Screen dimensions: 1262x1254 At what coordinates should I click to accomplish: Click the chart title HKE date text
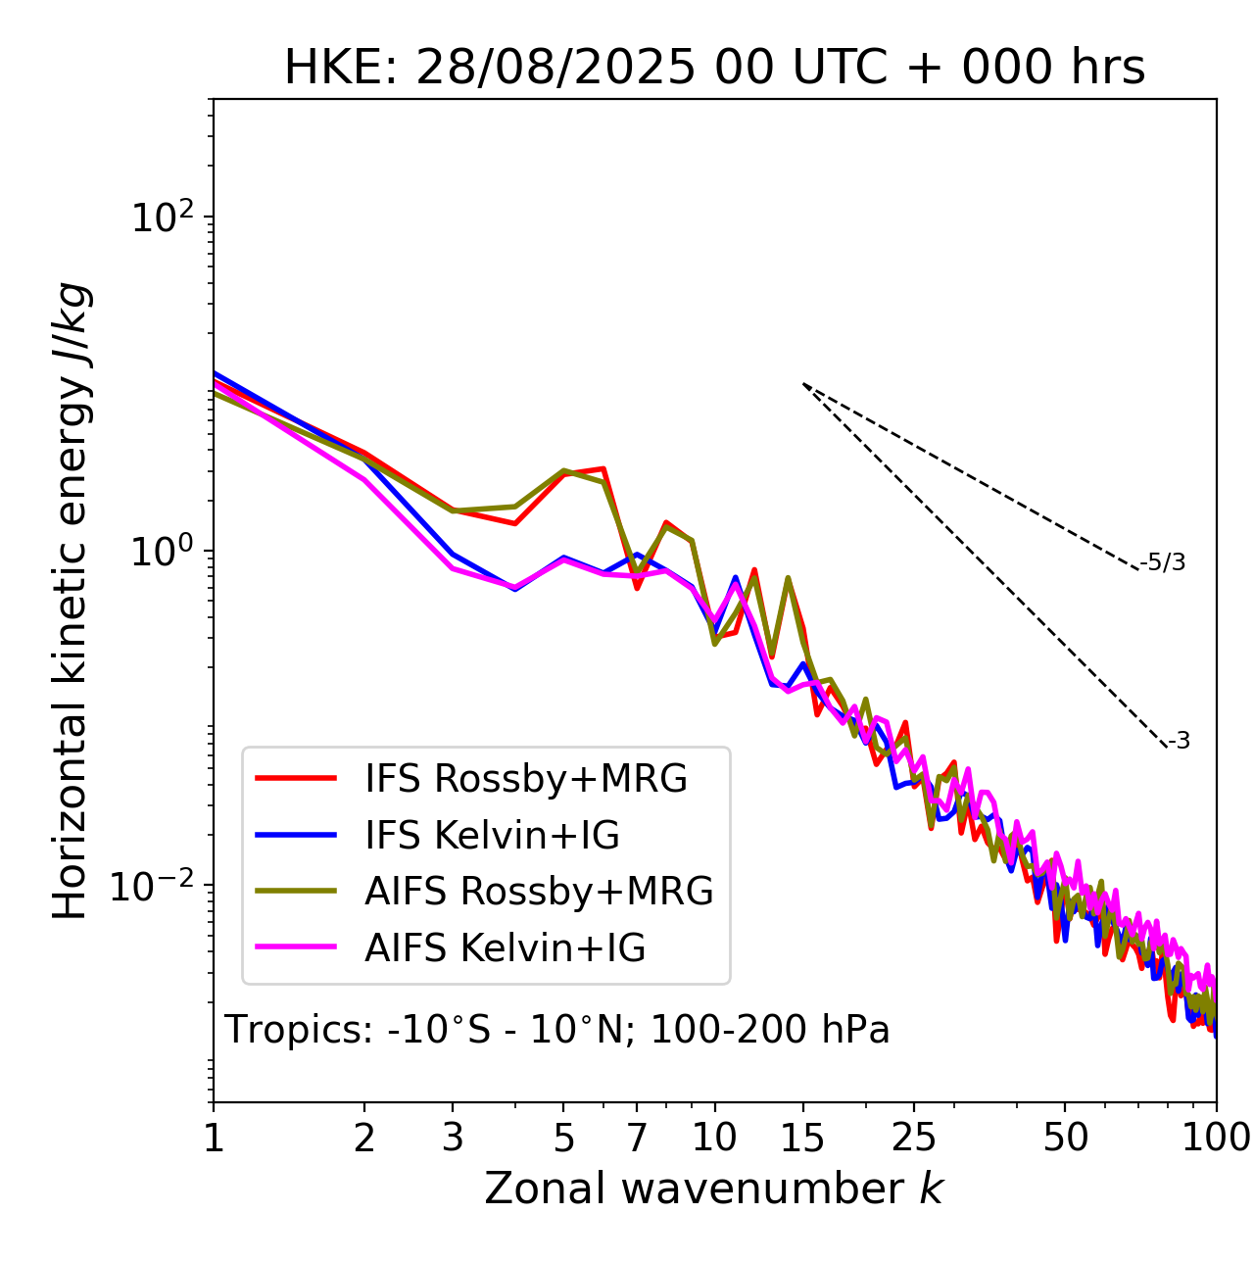tap(714, 68)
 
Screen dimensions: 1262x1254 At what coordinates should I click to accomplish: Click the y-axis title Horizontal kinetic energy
tap(72, 601)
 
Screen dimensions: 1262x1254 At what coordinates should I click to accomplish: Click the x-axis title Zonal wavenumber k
tap(713, 1189)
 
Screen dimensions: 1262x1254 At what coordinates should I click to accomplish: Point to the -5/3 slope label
tap(1163, 562)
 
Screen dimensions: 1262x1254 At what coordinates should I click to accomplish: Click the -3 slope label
tap(1179, 741)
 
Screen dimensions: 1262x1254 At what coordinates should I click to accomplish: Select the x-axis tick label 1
tap(214, 1138)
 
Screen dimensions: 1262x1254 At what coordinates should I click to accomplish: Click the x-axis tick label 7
tap(637, 1138)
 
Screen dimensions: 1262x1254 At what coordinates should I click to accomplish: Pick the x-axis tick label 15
tap(802, 1138)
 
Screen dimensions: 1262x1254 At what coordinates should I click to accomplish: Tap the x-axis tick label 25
tap(913, 1138)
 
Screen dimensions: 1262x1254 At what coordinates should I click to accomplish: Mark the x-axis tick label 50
tap(1065, 1138)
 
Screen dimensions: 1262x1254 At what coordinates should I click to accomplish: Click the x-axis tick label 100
tap(1216, 1138)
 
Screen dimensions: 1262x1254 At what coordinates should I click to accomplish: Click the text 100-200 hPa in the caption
tap(770, 1030)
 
